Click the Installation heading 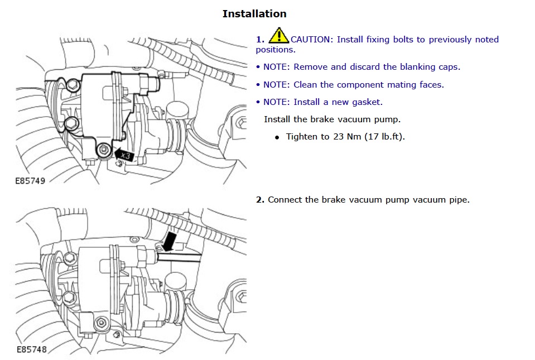tap(254, 14)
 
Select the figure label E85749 tap(31, 181)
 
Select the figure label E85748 tap(31, 350)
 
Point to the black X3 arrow tap(124, 155)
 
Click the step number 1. tap(259, 40)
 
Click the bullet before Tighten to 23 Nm tap(277, 137)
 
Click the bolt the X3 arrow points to tap(103, 150)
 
